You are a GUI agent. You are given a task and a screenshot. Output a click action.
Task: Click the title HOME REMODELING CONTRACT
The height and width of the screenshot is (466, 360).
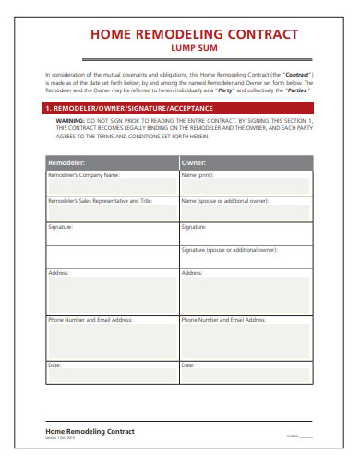point(193,34)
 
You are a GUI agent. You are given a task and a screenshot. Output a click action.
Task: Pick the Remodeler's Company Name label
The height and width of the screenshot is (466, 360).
point(84,174)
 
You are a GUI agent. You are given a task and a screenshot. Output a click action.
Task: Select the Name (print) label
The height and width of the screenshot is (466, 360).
point(197,174)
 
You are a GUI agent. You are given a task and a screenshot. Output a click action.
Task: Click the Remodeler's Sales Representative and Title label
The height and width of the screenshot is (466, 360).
point(99,200)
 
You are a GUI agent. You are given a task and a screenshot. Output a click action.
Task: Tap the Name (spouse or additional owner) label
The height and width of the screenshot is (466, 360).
point(225,200)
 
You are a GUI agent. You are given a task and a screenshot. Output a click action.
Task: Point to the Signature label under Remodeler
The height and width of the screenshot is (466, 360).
point(60,225)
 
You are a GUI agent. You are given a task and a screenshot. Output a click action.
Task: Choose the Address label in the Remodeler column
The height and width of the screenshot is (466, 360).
point(57,273)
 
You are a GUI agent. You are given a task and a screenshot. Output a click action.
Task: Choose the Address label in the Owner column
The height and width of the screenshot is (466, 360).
point(192,273)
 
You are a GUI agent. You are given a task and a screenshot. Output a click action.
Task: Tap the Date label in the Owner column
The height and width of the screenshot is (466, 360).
point(188,365)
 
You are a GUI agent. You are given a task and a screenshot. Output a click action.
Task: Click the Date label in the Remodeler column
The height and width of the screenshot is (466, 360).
point(54,365)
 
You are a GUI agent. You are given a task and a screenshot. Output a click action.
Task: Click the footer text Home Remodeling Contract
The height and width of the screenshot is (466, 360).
point(90,431)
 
